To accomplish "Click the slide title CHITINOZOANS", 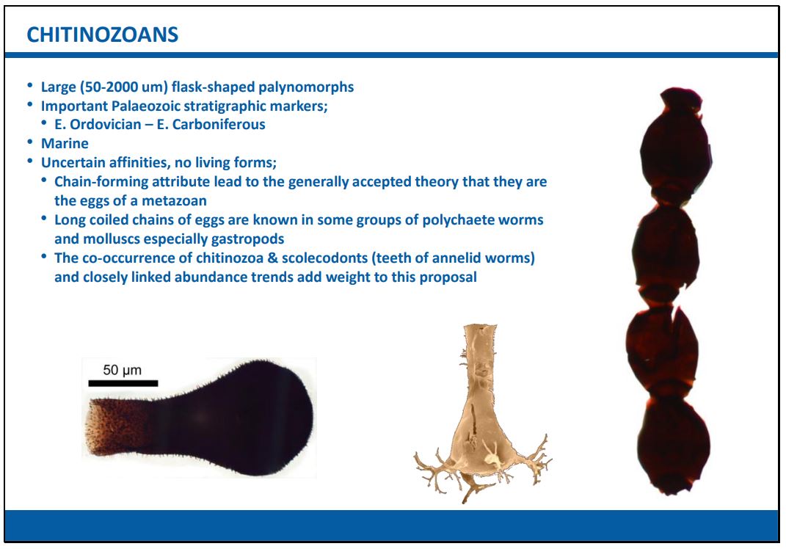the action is point(102,35).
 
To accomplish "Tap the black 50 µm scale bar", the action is point(123,383).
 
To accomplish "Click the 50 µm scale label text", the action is point(123,370).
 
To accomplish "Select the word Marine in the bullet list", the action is point(65,143).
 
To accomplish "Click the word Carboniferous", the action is point(219,124).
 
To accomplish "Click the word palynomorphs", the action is point(306,87).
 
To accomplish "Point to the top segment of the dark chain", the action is point(676,145).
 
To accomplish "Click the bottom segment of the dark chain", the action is point(673,444).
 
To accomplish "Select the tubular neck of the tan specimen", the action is point(480,358).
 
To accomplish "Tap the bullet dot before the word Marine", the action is point(30,143).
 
